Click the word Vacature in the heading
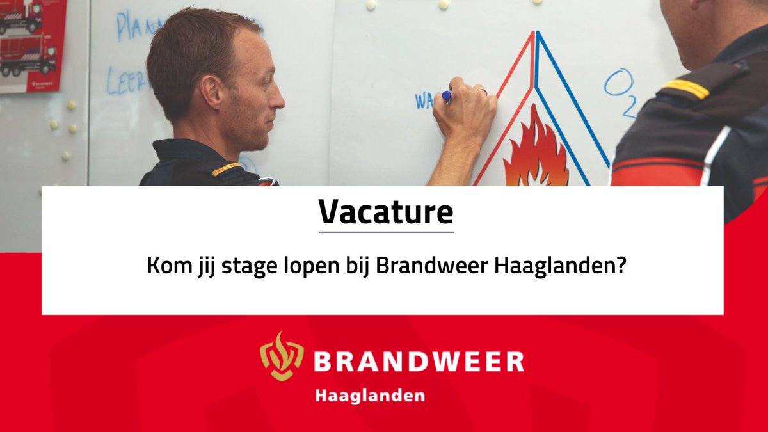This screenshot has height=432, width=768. point(386,212)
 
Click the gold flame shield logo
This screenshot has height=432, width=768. point(282,356)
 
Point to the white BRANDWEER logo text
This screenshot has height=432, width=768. point(419,362)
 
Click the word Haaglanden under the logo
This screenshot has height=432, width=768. point(369,396)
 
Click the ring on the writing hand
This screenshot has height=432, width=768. point(483,93)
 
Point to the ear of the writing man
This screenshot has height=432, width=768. point(211,92)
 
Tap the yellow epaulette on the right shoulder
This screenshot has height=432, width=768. point(685,89)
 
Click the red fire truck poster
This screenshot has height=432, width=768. point(31,45)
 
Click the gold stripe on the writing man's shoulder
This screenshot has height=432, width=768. point(227,169)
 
